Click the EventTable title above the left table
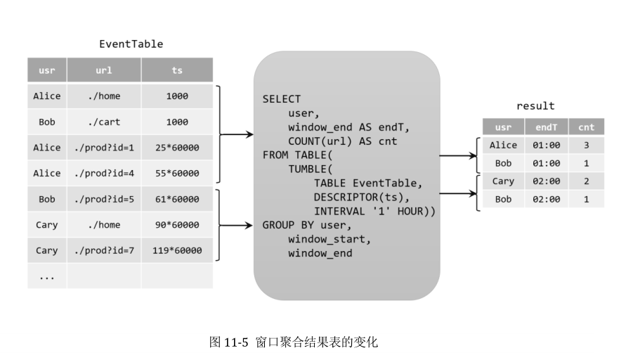131,44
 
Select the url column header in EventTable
104,70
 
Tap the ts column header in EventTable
177,70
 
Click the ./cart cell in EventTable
104,122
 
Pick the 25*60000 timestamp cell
177,148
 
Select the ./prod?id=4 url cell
104,173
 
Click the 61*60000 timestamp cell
177,199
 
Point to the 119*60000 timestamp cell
177,250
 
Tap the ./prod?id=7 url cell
104,250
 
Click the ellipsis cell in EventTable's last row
47,276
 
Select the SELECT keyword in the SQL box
282,99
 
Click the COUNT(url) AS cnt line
342,141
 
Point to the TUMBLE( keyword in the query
311,169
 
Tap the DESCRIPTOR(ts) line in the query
362,197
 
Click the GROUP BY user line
307,225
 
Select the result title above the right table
535,106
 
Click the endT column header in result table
547,127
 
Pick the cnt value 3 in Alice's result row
586,145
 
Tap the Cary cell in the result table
503,181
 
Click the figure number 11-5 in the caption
235,342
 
